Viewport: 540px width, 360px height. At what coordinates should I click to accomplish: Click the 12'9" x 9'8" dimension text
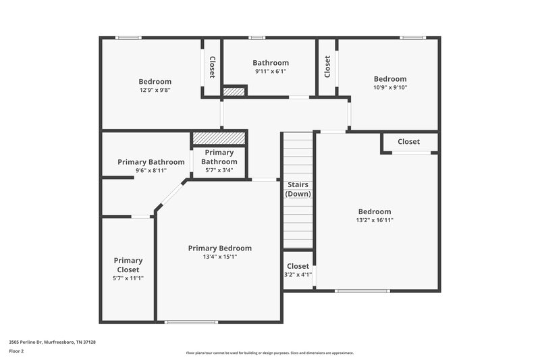pyautogui.click(x=155, y=90)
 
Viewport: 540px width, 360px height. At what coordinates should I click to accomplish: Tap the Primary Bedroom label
pyautogui.click(x=219, y=248)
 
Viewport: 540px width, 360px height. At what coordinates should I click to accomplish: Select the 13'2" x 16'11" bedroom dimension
pyautogui.click(x=374, y=220)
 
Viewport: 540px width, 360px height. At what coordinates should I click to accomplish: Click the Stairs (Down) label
pyautogui.click(x=298, y=189)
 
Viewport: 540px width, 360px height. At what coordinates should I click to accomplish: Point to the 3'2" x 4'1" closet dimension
pyautogui.click(x=298, y=275)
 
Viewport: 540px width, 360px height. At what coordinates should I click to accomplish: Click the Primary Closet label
pyautogui.click(x=128, y=265)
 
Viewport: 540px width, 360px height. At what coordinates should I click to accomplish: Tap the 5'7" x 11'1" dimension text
pyautogui.click(x=128, y=278)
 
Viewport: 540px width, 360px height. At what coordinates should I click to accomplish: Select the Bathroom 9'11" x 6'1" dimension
pyautogui.click(x=270, y=72)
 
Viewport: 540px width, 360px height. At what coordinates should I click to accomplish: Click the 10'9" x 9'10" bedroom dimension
pyautogui.click(x=390, y=87)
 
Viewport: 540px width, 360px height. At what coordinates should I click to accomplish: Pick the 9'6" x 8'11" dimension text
pyautogui.click(x=151, y=171)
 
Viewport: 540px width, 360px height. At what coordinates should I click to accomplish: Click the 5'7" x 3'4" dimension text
pyautogui.click(x=219, y=170)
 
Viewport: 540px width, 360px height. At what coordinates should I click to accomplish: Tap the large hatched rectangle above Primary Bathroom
pyautogui.click(x=219, y=138)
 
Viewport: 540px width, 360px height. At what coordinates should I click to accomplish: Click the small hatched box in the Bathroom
pyautogui.click(x=234, y=91)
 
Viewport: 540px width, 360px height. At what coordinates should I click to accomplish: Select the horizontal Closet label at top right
pyautogui.click(x=408, y=142)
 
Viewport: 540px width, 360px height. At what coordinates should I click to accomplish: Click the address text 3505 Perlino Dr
pyautogui.click(x=52, y=342)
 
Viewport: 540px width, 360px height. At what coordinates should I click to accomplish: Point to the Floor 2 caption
pyautogui.click(x=16, y=351)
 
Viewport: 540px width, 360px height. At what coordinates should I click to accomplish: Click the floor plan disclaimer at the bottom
pyautogui.click(x=269, y=353)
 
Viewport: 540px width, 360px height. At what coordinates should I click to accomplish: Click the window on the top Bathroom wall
pyautogui.click(x=256, y=38)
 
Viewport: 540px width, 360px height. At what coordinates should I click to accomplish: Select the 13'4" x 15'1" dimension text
pyautogui.click(x=219, y=257)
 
